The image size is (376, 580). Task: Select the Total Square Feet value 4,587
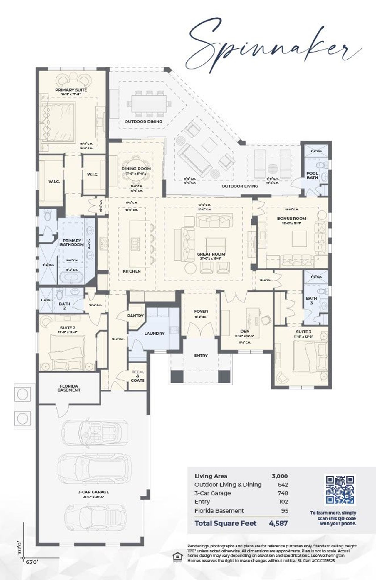pyautogui.click(x=278, y=523)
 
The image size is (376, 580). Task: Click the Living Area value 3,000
pyautogui.click(x=279, y=476)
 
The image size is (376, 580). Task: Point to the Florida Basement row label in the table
pyautogui.click(x=219, y=511)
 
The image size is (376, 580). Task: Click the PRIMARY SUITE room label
pyautogui.click(x=71, y=90)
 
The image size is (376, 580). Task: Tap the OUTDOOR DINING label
pyautogui.click(x=143, y=121)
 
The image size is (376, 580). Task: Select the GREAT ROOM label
pyautogui.click(x=211, y=254)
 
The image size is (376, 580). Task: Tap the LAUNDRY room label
pyautogui.click(x=154, y=334)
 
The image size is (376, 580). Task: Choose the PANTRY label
pyautogui.click(x=135, y=316)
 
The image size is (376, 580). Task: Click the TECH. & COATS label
pyautogui.click(x=137, y=376)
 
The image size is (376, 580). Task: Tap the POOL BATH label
pyautogui.click(x=312, y=175)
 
